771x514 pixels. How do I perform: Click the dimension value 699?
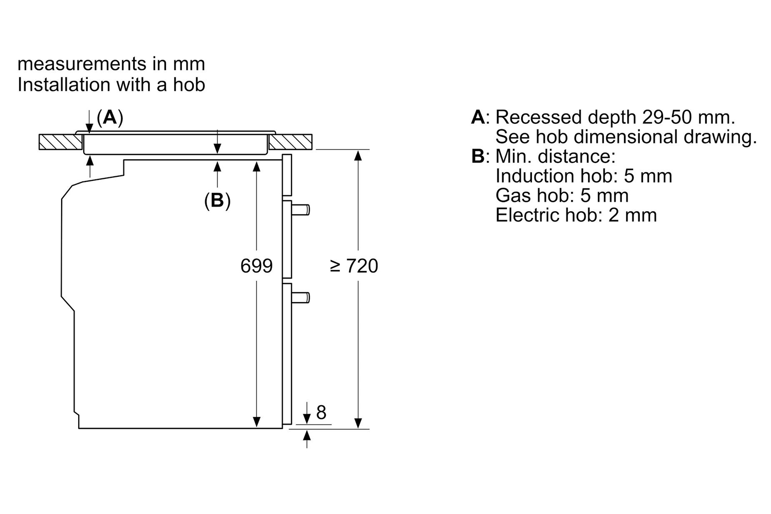click(x=256, y=266)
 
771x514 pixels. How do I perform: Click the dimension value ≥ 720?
click(x=354, y=266)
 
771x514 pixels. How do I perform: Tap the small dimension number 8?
click(x=321, y=412)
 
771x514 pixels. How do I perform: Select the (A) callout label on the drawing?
click(x=110, y=117)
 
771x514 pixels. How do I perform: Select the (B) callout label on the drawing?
click(x=217, y=200)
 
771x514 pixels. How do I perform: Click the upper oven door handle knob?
click(x=301, y=210)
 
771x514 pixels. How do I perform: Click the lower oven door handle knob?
click(x=301, y=298)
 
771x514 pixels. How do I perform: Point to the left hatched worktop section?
click(x=61, y=142)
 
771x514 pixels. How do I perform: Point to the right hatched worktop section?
click(x=290, y=142)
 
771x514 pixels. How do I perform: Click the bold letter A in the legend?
click(x=478, y=117)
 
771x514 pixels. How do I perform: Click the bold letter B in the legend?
click(x=478, y=156)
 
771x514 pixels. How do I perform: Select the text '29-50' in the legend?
click(x=666, y=117)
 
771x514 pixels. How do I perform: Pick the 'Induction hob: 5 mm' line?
click(x=584, y=176)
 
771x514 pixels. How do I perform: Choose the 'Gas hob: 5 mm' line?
click(x=562, y=195)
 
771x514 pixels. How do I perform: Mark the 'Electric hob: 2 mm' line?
click(x=576, y=215)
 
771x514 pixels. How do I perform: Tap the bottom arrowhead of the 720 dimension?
click(x=358, y=423)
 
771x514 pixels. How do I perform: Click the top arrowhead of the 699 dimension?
click(x=256, y=166)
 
